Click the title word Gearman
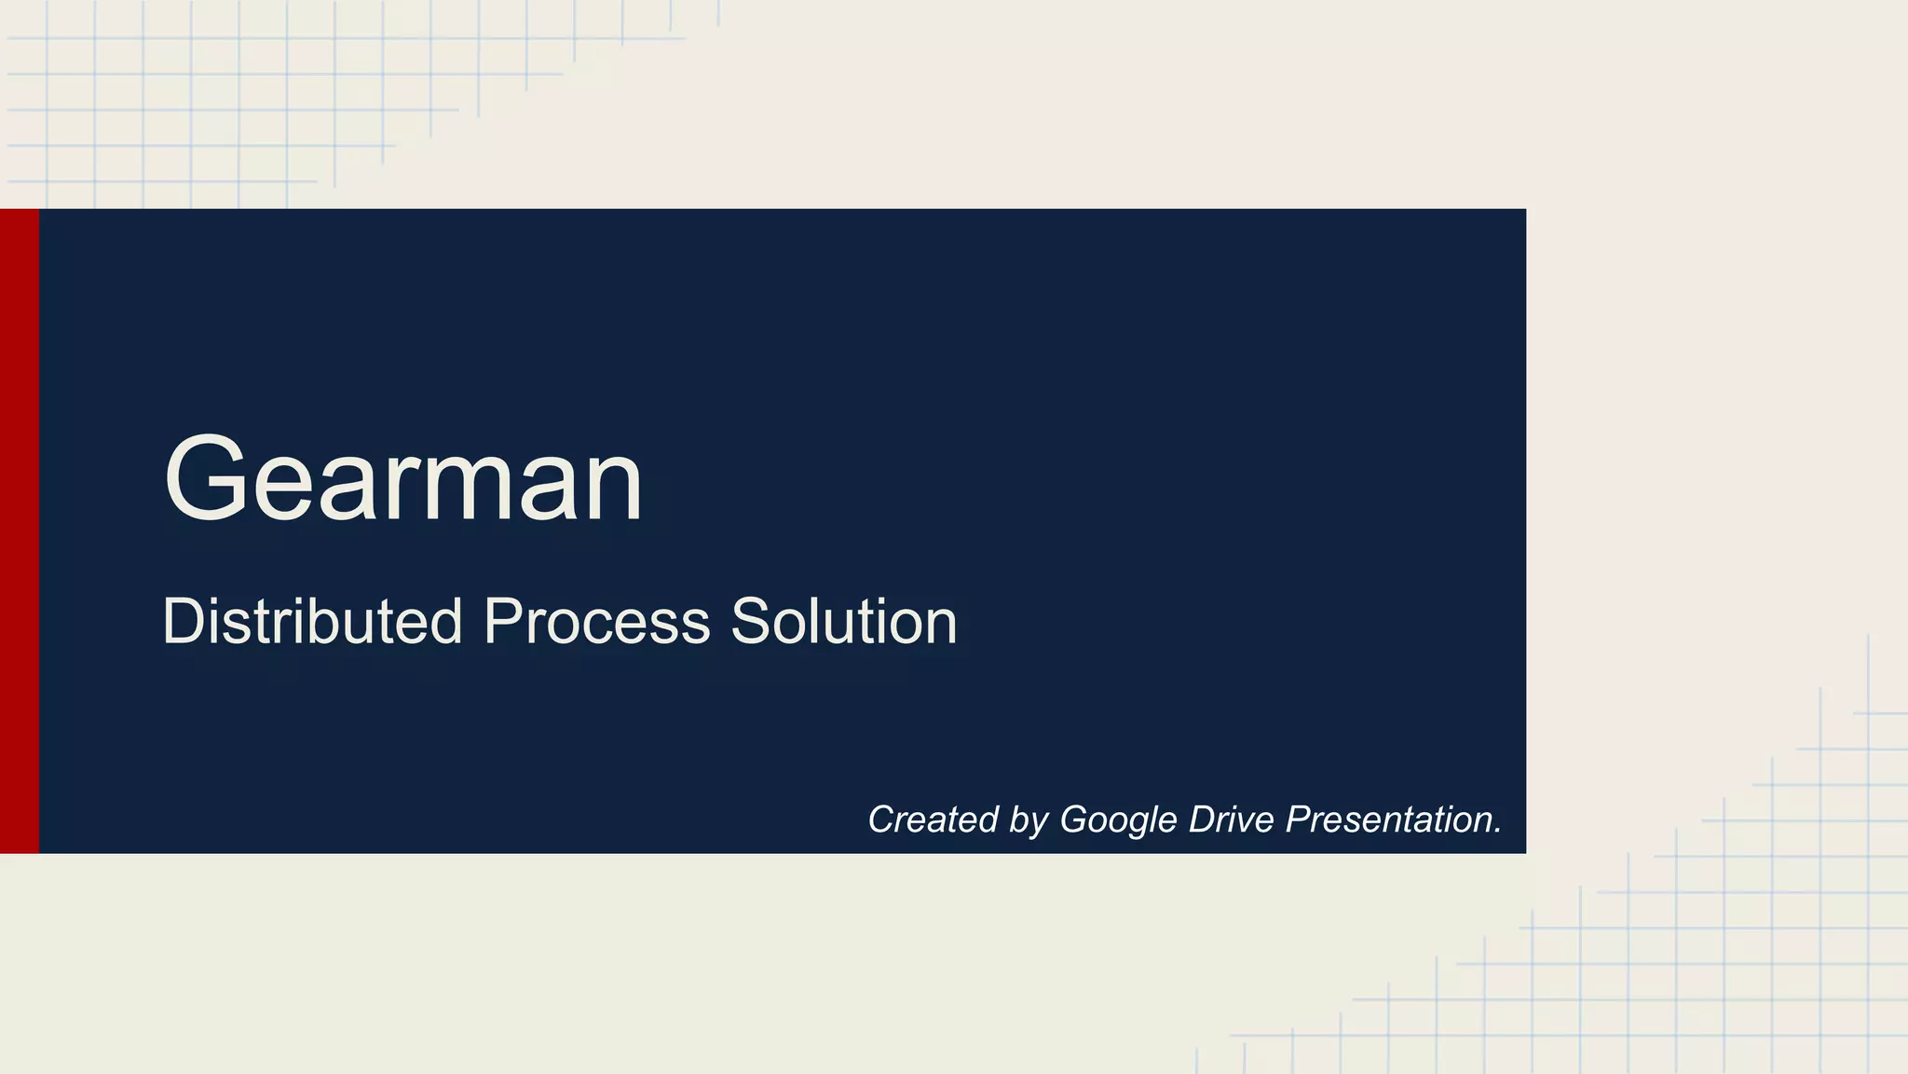[x=402, y=481]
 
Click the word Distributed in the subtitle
[x=312, y=622]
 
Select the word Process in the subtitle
[x=596, y=622]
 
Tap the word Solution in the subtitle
[x=843, y=622]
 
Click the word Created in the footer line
[x=933, y=819]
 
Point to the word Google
[x=1118, y=820]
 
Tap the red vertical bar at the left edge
[x=19, y=530]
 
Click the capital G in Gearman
[x=204, y=479]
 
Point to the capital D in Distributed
[x=184, y=622]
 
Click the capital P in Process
[x=504, y=622]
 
